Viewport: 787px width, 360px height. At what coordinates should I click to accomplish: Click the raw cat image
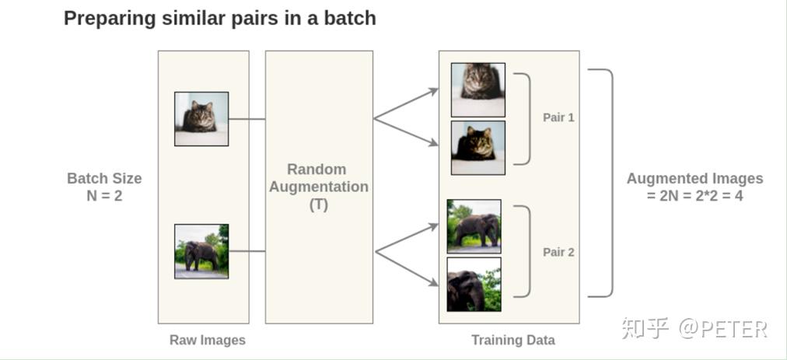click(x=201, y=119)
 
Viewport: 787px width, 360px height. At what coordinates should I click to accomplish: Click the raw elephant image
click(x=201, y=251)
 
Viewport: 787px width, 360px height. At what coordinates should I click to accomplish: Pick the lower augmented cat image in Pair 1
click(x=477, y=148)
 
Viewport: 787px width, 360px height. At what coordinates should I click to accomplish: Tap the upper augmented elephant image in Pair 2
click(x=474, y=226)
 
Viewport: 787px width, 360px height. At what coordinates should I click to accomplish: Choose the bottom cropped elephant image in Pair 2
click(x=474, y=285)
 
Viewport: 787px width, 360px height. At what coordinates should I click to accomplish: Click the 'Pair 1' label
click(x=558, y=118)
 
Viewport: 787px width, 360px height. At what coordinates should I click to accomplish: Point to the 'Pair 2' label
click(x=558, y=253)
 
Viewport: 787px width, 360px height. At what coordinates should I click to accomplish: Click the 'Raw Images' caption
click(x=207, y=340)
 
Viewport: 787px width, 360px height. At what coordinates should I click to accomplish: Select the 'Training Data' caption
click(x=512, y=340)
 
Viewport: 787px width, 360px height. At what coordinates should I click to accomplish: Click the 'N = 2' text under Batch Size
click(x=104, y=196)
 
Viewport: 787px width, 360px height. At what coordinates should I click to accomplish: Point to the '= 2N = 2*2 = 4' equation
click(x=694, y=196)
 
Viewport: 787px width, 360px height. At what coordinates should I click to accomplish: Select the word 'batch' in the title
click(x=351, y=18)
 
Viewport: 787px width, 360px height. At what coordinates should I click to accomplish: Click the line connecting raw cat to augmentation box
click(x=247, y=119)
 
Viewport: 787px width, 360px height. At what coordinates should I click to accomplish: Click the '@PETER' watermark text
click(x=722, y=329)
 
